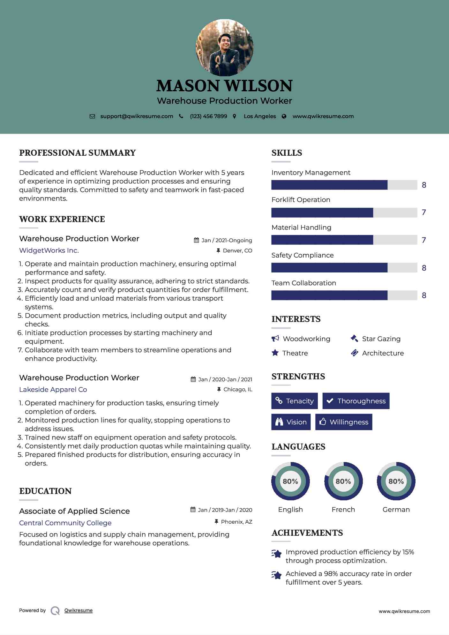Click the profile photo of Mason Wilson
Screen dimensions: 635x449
[x=224, y=48]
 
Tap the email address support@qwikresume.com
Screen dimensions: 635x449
[x=137, y=116]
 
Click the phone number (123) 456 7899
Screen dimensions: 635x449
[x=208, y=116]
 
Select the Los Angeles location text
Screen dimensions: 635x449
[x=260, y=116]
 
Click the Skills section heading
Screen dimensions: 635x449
[x=287, y=153]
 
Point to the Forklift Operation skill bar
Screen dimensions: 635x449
[x=344, y=213]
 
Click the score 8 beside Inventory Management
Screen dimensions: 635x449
[x=424, y=185]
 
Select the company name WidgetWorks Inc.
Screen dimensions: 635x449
[x=49, y=250]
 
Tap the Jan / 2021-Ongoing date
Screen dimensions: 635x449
[x=227, y=240]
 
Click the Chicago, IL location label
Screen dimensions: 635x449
[x=237, y=390]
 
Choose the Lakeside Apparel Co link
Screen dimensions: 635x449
[x=53, y=390]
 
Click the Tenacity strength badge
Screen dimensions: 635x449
[x=295, y=401]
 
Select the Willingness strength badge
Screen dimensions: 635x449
[x=344, y=422]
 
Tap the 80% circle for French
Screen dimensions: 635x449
[x=343, y=481]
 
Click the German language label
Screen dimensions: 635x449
[x=396, y=510]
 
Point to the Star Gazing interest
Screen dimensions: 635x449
[x=381, y=339]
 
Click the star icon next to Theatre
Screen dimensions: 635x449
[x=275, y=353]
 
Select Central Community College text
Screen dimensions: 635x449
[x=65, y=523]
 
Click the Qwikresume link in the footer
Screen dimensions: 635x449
[x=79, y=610]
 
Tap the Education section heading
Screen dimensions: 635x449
[x=45, y=491]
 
